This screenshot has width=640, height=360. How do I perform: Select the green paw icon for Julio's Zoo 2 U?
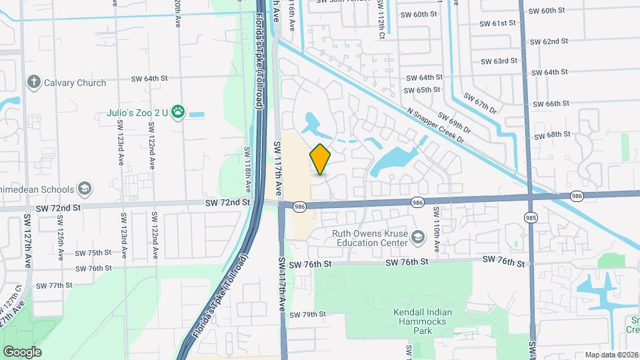point(178,112)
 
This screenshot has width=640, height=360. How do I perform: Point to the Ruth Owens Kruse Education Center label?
point(370,238)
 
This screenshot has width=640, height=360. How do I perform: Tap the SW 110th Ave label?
point(437,230)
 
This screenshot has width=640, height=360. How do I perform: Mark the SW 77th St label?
point(54,285)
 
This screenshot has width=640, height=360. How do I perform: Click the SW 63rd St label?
point(498,61)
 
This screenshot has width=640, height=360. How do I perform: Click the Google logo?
point(21,351)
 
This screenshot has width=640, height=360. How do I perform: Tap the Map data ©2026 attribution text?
point(611,355)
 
